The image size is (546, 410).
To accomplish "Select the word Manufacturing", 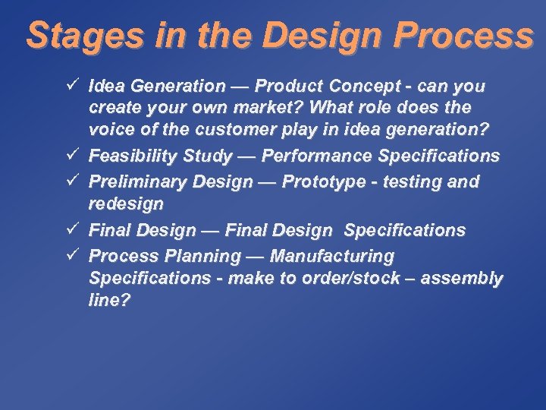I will (x=332, y=256).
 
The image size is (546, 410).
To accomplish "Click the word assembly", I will (x=462, y=279).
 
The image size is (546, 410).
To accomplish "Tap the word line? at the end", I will (x=109, y=301).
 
